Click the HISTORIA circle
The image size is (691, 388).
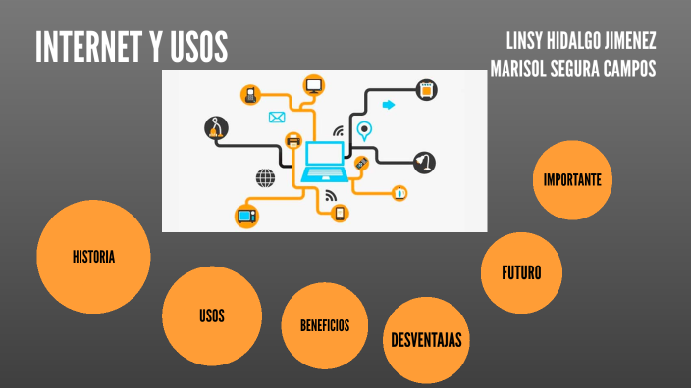click(x=93, y=258)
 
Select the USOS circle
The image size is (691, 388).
click(x=211, y=315)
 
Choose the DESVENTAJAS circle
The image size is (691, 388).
click(x=426, y=340)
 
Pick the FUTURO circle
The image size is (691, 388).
click(x=521, y=272)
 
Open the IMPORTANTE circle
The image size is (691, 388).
click(x=572, y=180)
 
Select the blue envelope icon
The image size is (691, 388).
click(x=276, y=118)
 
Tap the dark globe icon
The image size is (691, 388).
click(x=265, y=177)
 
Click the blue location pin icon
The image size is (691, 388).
click(x=364, y=129)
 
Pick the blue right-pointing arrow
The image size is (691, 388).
click(x=389, y=105)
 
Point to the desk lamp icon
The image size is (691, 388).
click(x=424, y=162)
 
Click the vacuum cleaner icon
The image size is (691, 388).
click(x=217, y=126)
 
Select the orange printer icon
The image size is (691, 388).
click(x=292, y=141)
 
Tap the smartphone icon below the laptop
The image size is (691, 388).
click(x=341, y=213)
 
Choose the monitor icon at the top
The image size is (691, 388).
click(x=314, y=86)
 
